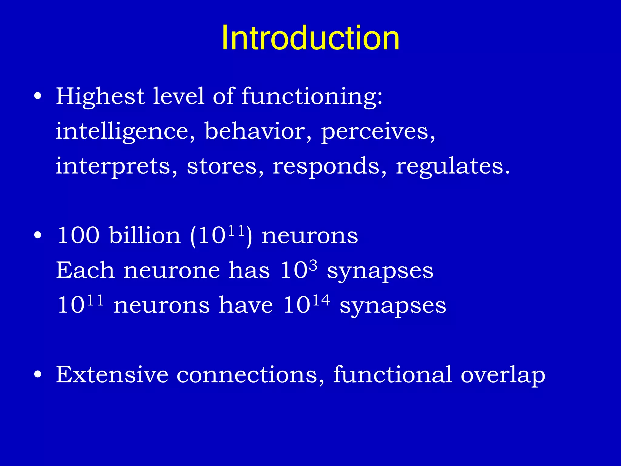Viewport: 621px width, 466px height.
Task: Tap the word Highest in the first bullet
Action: pyautogui.click(x=100, y=96)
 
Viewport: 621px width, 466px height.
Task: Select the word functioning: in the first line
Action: pyautogui.click(x=312, y=96)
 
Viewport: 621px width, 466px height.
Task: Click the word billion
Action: pyautogui.click(x=145, y=235)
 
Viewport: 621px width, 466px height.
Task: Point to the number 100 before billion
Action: pyautogui.click(x=79, y=235)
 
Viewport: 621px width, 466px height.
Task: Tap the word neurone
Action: pyautogui.click(x=171, y=270)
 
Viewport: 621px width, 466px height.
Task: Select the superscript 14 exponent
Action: pyautogui.click(x=321, y=300)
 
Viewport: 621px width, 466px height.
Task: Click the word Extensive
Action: pyautogui.click(x=112, y=375)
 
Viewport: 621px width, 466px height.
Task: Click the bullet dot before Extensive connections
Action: pyautogui.click(x=38, y=375)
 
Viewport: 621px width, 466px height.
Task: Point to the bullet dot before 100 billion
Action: pyautogui.click(x=38, y=235)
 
